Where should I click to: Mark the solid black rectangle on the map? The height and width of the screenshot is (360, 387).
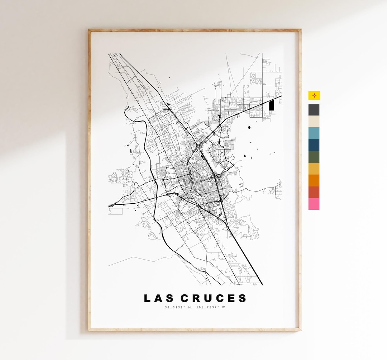tap(271, 105)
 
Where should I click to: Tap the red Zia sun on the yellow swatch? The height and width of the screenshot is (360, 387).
tap(314, 95)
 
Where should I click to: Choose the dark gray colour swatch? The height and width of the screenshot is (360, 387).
tap(314, 110)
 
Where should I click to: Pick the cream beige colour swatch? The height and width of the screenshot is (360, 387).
tap(314, 122)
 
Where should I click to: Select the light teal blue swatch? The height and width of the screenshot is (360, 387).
tap(314, 133)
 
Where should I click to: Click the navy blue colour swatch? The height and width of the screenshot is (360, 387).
tap(314, 145)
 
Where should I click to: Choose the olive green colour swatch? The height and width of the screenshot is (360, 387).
tap(314, 157)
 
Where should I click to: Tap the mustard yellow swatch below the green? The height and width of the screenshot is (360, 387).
tap(314, 169)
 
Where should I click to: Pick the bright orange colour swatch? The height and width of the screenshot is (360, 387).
tap(314, 180)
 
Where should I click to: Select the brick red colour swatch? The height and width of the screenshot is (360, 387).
tap(314, 192)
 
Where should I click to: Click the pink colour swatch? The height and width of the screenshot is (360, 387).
tap(314, 204)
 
